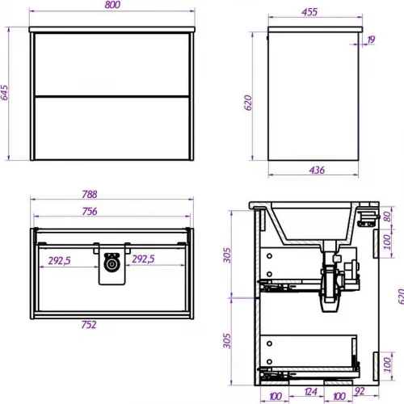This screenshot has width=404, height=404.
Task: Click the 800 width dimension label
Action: [112, 5]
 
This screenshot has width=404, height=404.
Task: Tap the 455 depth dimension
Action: [309, 12]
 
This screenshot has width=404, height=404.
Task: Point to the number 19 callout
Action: [371, 40]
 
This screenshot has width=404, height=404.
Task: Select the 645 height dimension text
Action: [5, 93]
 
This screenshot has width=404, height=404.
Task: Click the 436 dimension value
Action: [317, 170]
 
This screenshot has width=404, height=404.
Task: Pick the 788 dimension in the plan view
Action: [90, 195]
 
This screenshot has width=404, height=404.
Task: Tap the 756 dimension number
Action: [90, 212]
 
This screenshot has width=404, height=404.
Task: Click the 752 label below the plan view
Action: [89, 325]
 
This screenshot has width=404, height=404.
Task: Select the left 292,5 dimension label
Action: [59, 261]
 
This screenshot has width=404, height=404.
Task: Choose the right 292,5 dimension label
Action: [143, 259]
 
